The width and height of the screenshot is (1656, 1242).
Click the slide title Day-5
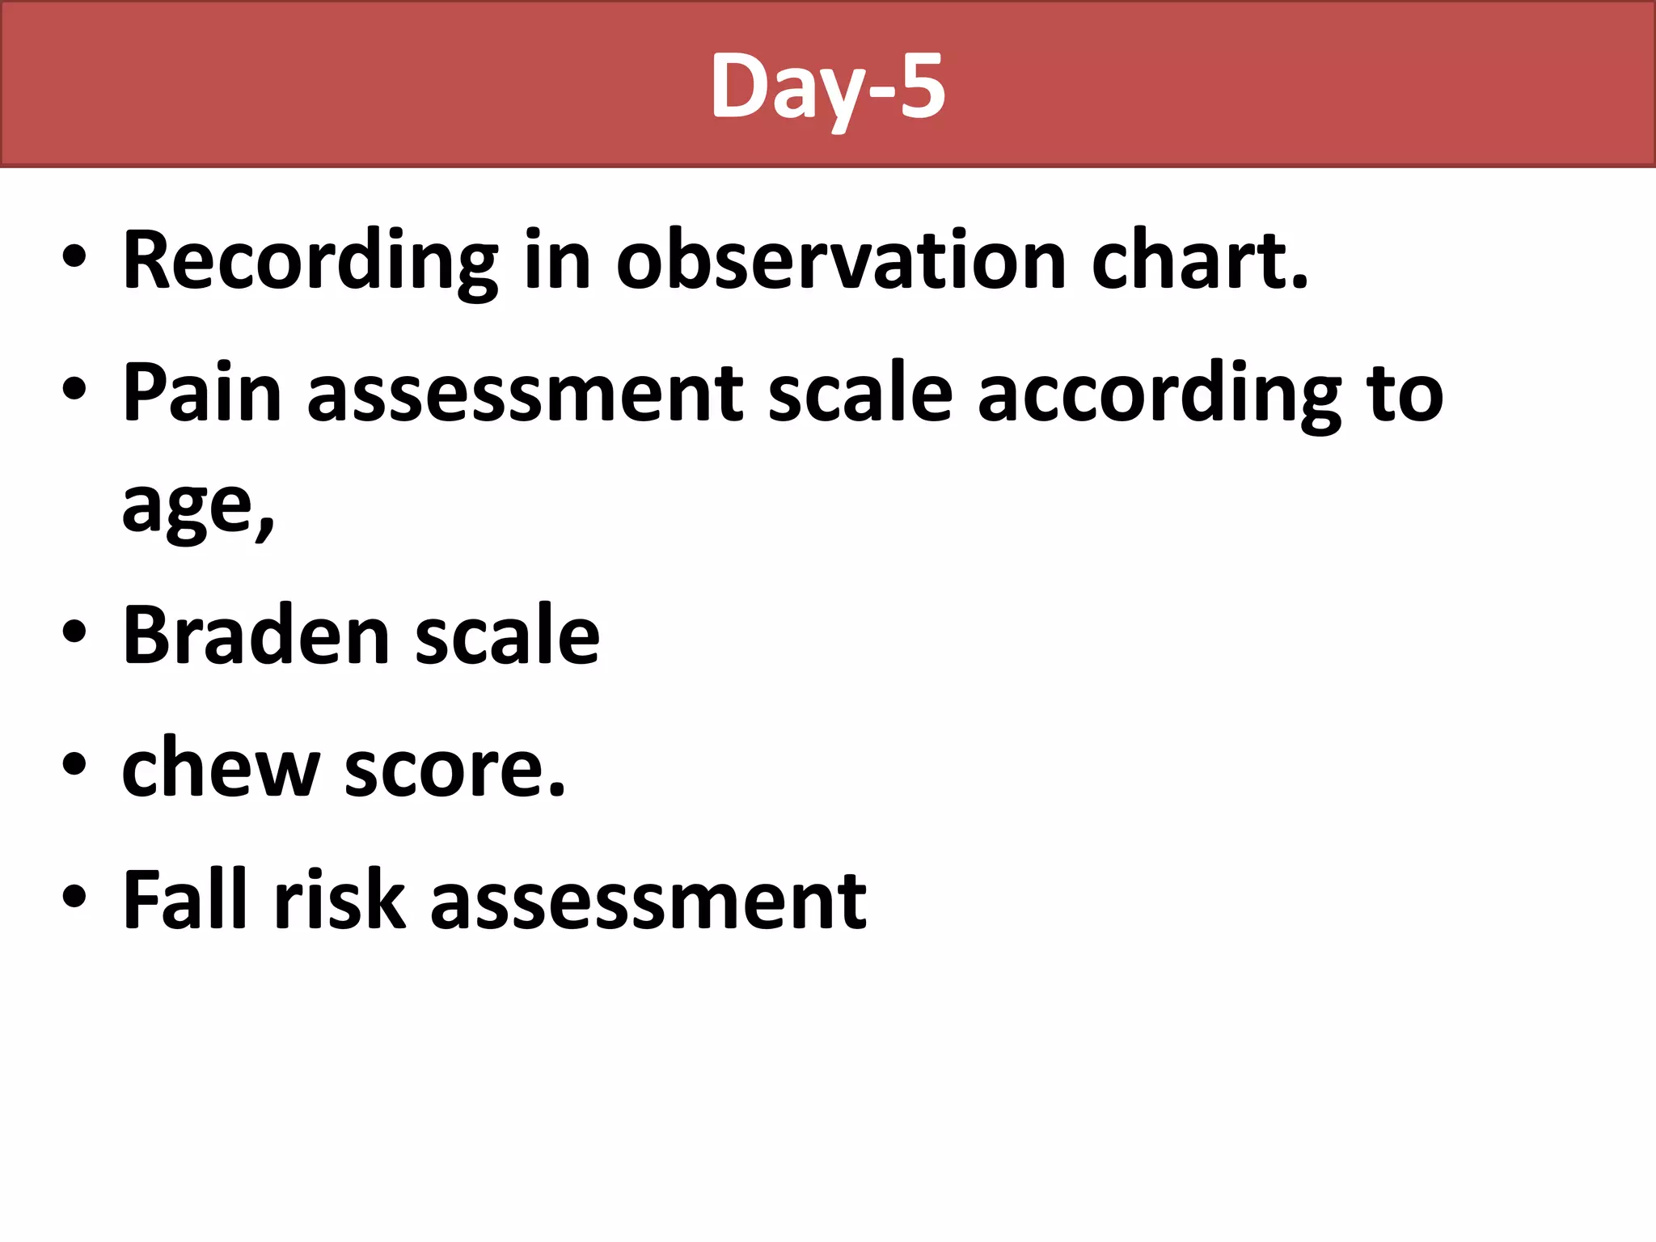point(828,86)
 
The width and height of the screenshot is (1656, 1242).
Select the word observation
point(841,261)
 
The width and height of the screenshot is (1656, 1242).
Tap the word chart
point(1199,261)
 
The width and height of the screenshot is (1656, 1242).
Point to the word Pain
point(201,394)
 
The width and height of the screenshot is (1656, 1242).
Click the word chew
point(220,768)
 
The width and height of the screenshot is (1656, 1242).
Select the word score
point(454,768)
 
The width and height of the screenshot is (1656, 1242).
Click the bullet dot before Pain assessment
point(74,390)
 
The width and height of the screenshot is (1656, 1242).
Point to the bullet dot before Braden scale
point(74,632)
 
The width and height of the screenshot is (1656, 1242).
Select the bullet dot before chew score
point(74,764)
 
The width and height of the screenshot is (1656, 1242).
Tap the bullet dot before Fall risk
point(74,897)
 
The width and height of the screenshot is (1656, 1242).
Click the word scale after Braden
point(507,636)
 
